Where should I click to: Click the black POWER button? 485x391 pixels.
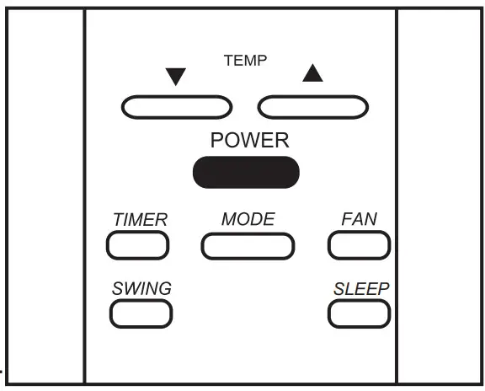coord(245,172)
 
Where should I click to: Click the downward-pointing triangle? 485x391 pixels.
coord(175,78)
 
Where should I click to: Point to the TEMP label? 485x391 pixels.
coord(244,61)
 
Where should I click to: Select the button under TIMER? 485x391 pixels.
coord(138,244)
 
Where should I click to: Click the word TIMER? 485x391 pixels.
coord(140,220)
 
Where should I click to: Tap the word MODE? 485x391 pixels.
coord(248,219)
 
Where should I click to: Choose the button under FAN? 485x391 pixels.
coord(359,244)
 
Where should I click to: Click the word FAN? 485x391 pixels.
coord(359,219)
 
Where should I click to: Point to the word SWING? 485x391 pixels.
coord(141,288)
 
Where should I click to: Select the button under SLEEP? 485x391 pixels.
coord(359,313)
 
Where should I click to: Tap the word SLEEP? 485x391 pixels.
coord(361,288)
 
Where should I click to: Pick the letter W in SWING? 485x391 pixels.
coord(132,288)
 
